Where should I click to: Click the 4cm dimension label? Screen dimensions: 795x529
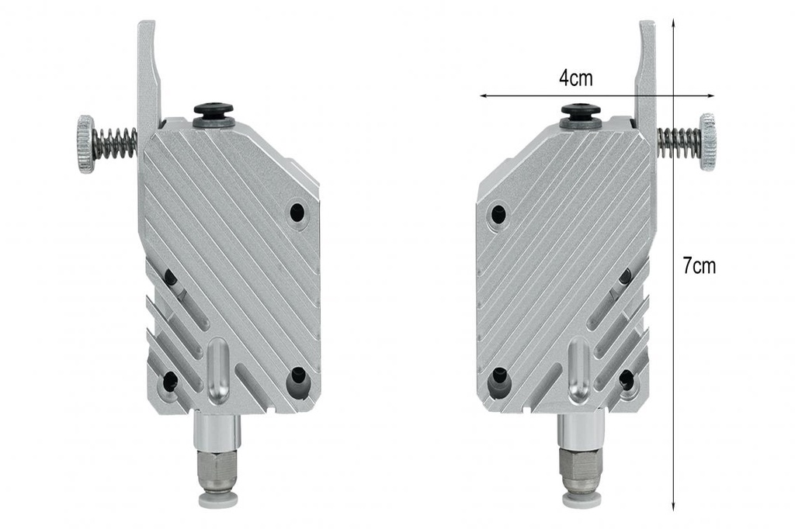tap(575, 78)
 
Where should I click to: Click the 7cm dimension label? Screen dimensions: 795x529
tap(700, 265)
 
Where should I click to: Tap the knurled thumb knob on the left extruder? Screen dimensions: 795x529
tap(85, 144)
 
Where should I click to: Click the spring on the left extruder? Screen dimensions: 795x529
tap(116, 143)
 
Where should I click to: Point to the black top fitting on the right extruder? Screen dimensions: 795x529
tap(581, 115)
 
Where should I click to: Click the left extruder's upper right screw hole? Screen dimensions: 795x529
tap(297, 213)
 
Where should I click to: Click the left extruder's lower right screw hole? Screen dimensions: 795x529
tap(298, 378)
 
